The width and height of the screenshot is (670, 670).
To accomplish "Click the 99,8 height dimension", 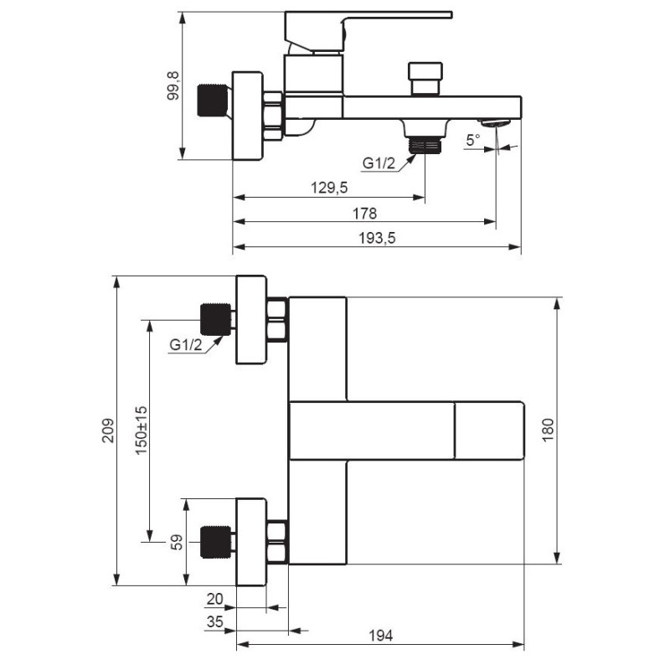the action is coord(173,85).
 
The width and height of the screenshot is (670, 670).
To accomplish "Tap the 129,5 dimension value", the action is coord(329,188).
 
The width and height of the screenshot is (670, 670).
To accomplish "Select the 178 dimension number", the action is coord(364,214).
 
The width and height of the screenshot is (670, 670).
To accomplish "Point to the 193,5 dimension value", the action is coord(377,238).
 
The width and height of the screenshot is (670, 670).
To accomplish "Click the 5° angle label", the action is coord(473,140).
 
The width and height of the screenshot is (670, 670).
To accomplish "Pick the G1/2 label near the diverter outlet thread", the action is coord(379,162).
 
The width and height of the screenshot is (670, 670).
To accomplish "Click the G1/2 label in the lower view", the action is coord(185,344).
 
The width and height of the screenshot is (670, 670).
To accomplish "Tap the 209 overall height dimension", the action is coord(108,430).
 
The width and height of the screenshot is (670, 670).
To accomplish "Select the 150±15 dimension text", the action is coord(141,430).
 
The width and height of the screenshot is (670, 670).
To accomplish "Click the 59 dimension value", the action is coord(176,542).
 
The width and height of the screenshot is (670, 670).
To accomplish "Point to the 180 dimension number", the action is coord(548,430).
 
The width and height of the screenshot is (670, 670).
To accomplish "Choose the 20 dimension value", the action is coord(214,599).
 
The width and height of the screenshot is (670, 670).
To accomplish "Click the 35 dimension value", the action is coord(214,621).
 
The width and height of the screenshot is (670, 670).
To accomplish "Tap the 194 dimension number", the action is coord(380,636).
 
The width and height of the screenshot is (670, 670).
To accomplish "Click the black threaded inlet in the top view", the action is coord(213,100).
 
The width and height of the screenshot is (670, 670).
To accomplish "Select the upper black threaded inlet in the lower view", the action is coord(216,320).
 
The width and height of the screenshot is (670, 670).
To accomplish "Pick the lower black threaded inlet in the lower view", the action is coord(216,542).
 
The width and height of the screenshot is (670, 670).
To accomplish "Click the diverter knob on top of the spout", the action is coord(425,79).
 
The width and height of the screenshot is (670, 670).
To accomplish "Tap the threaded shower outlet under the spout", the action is coord(425,144).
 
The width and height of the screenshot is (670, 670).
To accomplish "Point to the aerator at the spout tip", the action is coord(496,122).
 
